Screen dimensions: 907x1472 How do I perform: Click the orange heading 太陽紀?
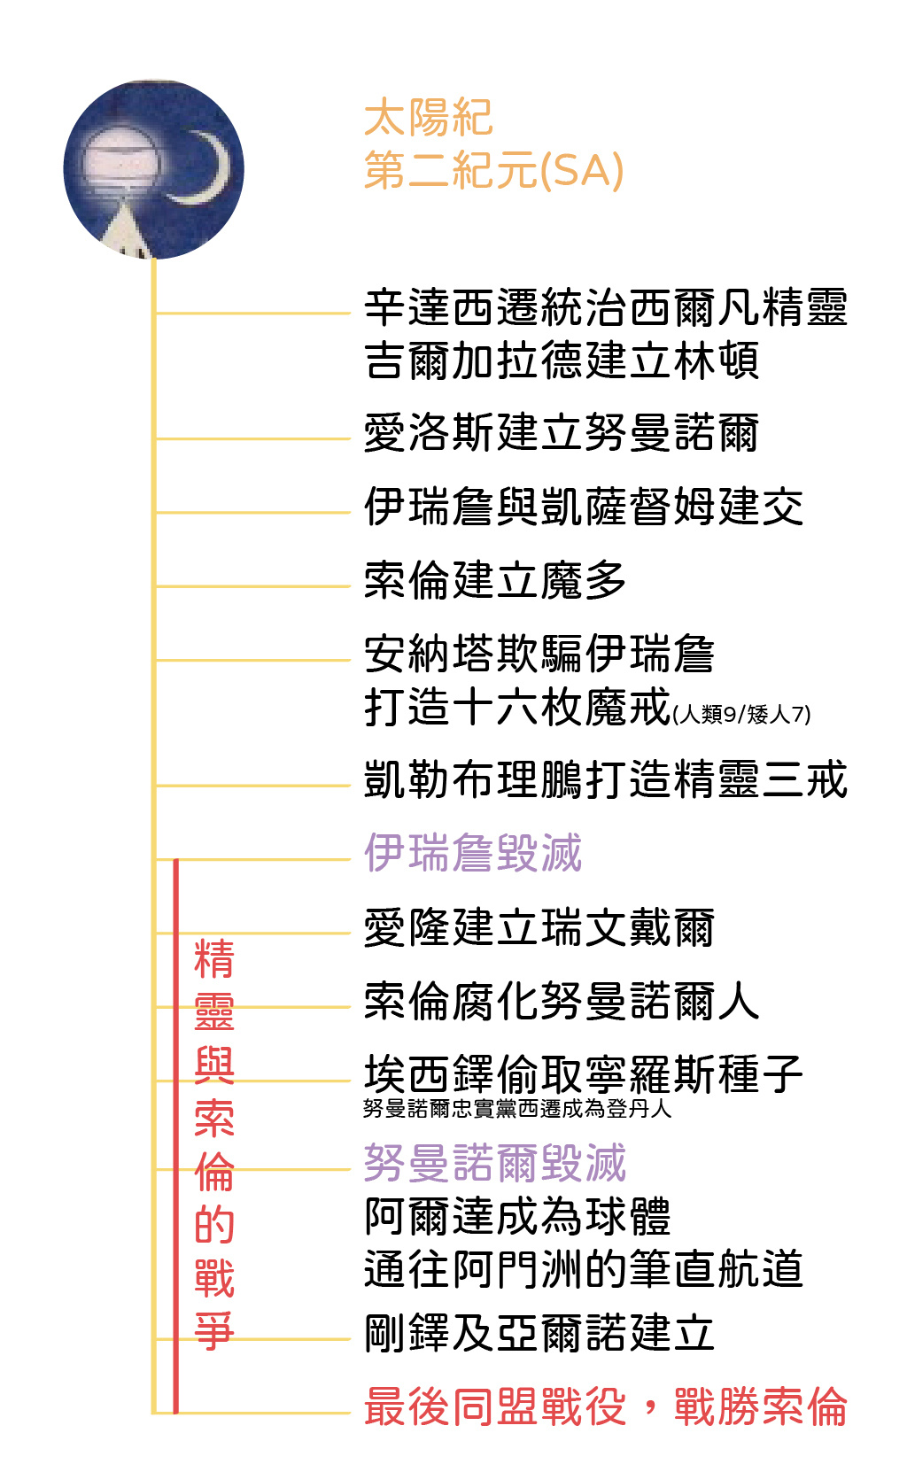pos(428,118)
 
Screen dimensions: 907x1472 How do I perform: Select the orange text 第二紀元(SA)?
pos(493,170)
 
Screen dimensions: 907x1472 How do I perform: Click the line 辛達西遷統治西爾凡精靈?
pos(605,306)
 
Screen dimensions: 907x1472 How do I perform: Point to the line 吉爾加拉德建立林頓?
pos(562,360)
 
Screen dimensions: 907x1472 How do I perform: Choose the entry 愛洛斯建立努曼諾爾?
pos(562,433)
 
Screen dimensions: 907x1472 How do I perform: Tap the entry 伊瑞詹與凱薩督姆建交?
pos(584,507)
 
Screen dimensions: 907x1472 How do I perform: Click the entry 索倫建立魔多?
pos(495,580)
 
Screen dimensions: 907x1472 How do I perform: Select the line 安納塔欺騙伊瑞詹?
pos(539,654)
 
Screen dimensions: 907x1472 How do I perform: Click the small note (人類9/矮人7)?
pos(741,714)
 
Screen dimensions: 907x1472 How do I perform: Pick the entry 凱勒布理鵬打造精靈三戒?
pos(605,779)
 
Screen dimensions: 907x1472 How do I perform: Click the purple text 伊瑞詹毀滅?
pos(473,853)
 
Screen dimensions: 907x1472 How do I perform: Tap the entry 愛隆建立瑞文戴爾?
pos(539,928)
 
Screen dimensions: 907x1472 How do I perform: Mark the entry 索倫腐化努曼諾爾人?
pos(562,1001)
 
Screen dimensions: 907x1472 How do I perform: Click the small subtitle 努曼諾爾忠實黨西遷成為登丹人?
pos(517,1109)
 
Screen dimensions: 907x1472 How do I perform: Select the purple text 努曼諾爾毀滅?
pos(495,1163)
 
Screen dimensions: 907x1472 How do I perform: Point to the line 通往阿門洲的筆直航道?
pos(584,1269)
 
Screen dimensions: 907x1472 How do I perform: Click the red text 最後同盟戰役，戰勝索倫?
pos(605,1406)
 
